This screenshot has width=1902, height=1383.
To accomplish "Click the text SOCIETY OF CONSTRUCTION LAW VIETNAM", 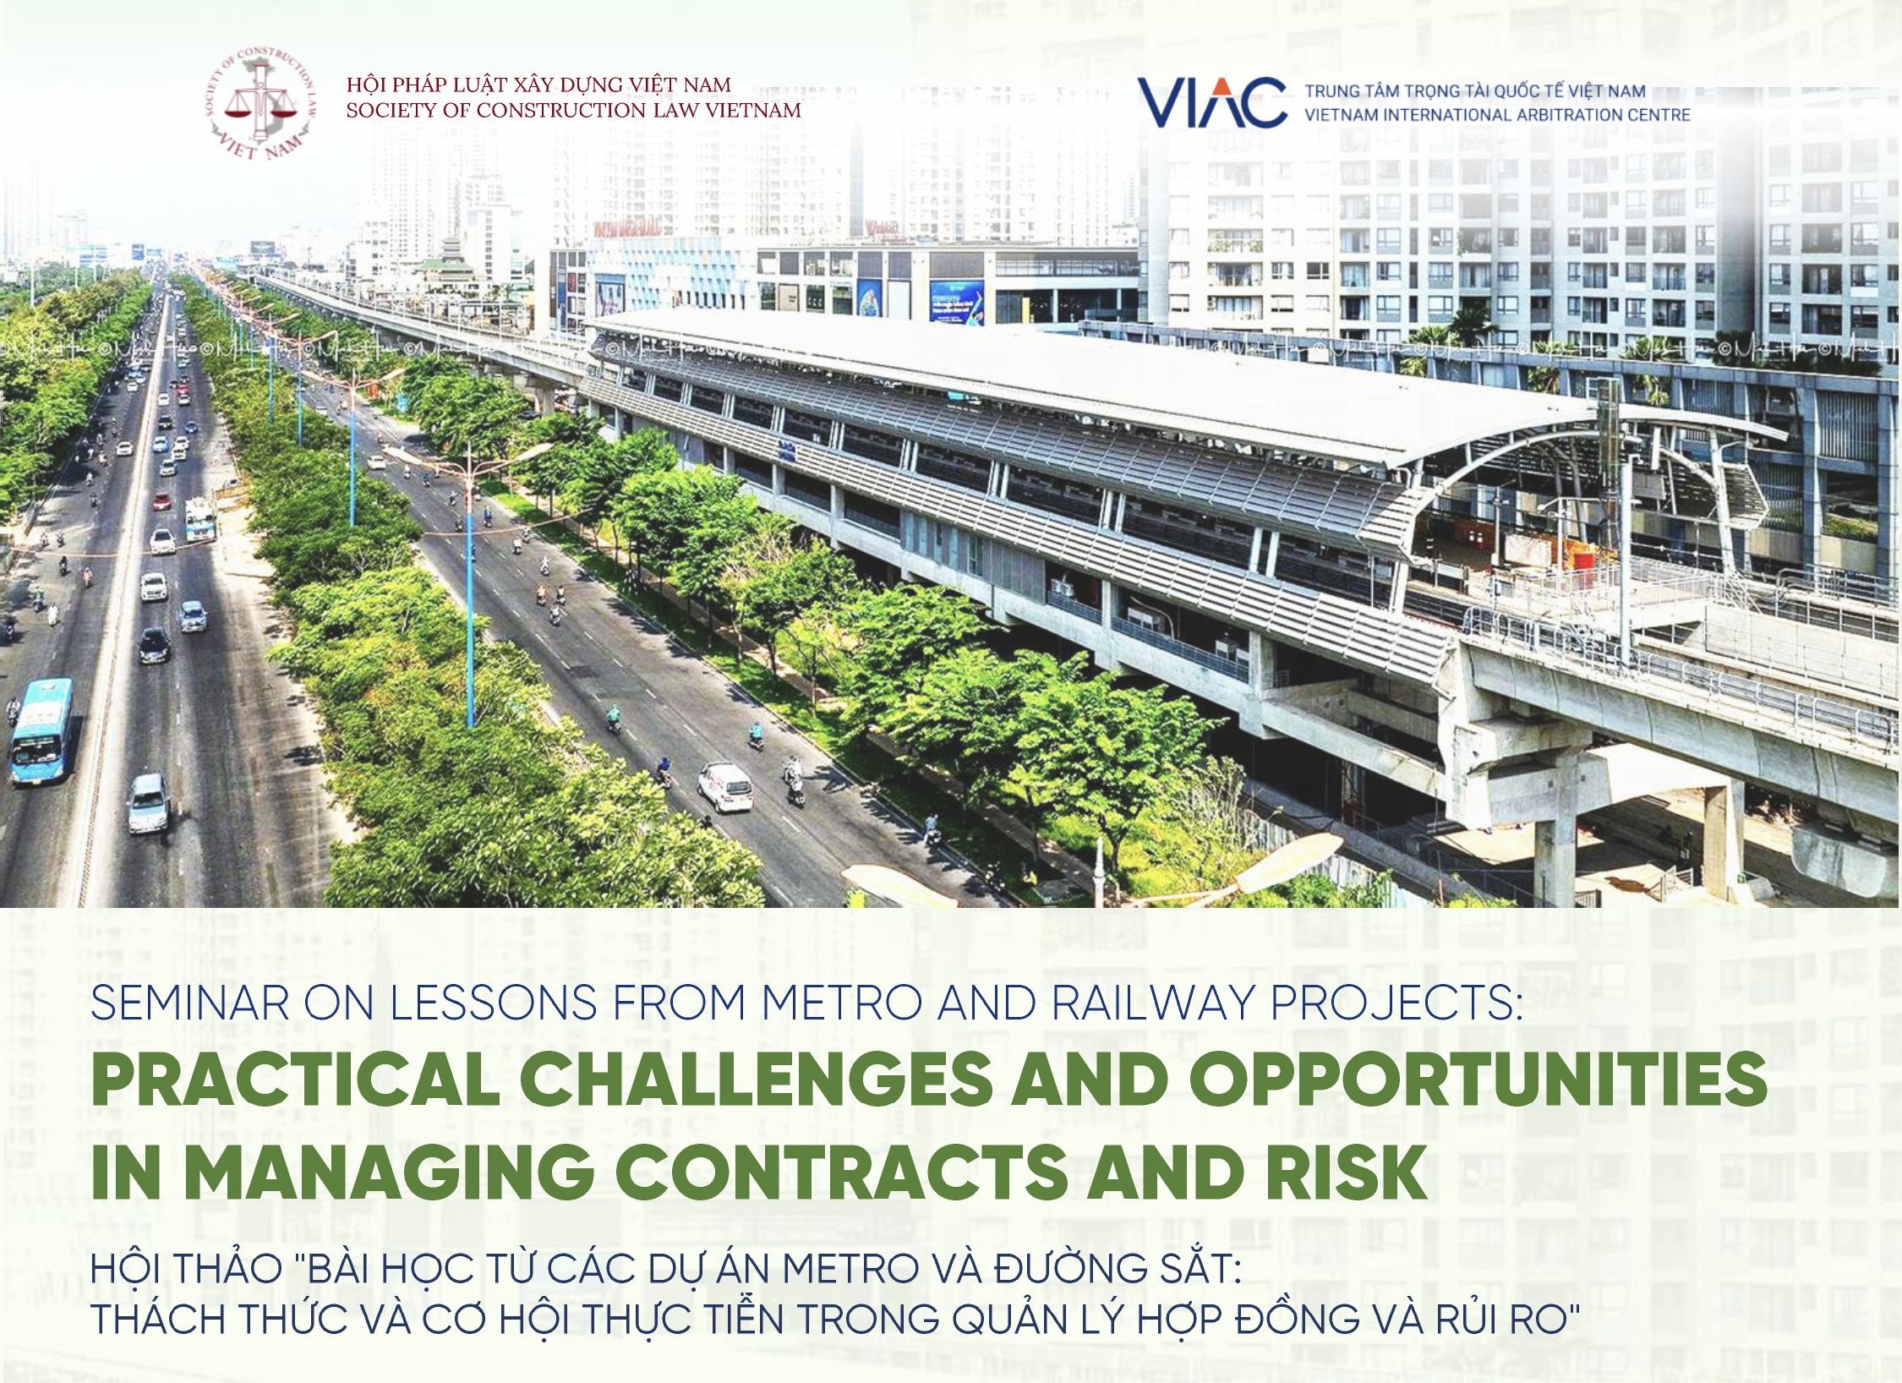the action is pos(574,111).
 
